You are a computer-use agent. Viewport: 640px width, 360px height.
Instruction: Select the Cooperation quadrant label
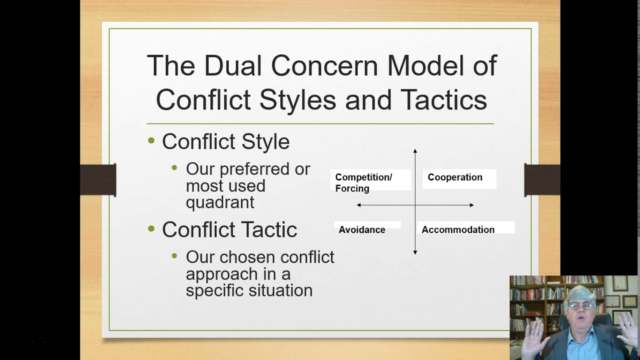point(455,177)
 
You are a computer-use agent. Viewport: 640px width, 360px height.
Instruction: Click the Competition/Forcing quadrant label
point(363,182)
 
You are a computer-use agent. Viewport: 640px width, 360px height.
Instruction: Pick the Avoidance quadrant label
point(362,229)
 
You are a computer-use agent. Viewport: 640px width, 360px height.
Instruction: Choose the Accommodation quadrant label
point(458,229)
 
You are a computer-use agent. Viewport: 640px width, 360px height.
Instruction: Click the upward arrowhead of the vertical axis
point(415,150)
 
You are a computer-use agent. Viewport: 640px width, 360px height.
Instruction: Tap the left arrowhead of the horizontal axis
point(359,205)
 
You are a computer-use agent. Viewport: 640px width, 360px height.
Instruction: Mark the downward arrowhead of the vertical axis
point(415,252)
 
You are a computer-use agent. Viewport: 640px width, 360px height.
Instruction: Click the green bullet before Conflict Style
point(151,141)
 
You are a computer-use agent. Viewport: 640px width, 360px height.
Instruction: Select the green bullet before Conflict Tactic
point(151,229)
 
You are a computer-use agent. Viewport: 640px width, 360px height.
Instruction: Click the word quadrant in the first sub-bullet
point(220,202)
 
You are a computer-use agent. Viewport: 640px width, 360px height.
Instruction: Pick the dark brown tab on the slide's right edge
point(542,180)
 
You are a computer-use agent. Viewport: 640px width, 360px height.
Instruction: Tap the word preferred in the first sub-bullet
point(248,169)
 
